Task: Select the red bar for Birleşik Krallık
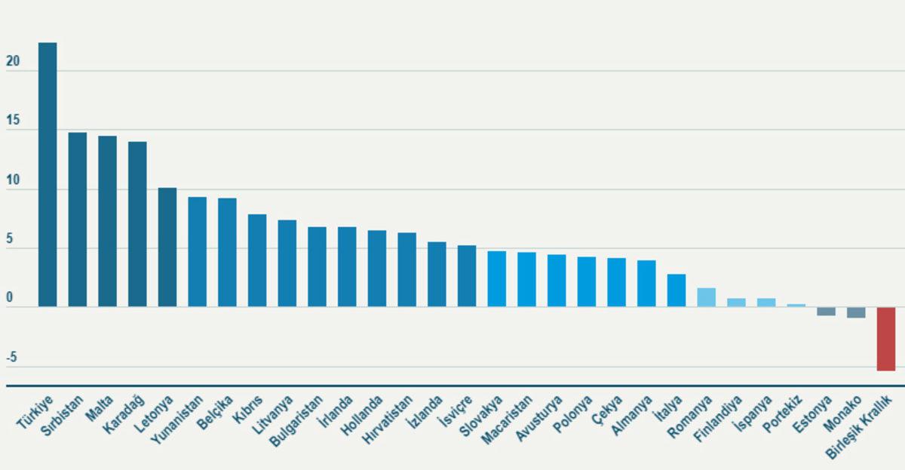click(x=885, y=339)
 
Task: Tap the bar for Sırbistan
click(x=78, y=220)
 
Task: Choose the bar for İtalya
click(x=676, y=290)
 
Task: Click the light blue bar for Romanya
click(x=707, y=297)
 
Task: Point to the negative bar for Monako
click(x=856, y=312)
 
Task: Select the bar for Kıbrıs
click(x=257, y=260)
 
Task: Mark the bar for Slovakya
click(x=497, y=278)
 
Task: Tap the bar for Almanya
click(x=646, y=284)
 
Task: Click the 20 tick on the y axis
click(x=11, y=64)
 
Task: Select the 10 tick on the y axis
click(x=11, y=183)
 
